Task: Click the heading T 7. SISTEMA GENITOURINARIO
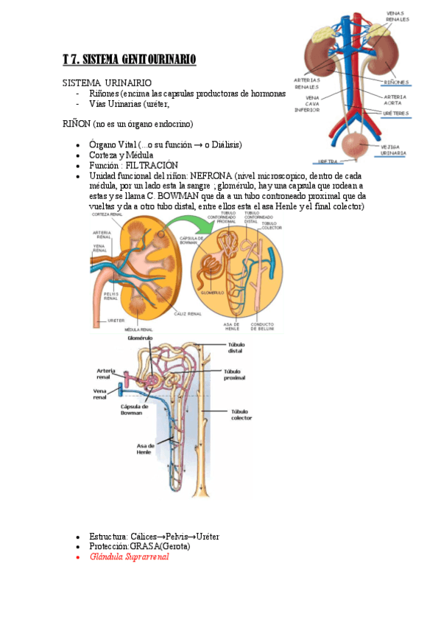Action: (129, 60)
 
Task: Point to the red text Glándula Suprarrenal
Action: (129, 557)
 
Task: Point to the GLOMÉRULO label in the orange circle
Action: (212, 292)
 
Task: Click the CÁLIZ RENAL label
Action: (188, 314)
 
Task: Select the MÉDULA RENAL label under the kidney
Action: (139, 329)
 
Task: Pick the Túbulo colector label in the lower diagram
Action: (241, 415)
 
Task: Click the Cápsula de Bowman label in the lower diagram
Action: (134, 408)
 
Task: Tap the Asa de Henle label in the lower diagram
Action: (144, 449)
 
